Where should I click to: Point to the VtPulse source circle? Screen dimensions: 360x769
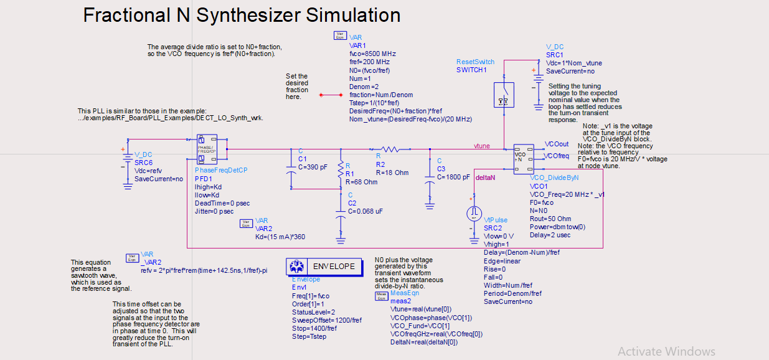coord(474,214)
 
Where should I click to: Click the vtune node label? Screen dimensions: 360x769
coord(481,146)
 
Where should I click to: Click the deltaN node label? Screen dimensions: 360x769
coord(484,178)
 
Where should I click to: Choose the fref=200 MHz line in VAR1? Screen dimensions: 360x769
coord(369,62)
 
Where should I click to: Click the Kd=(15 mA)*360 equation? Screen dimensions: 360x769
coord(280,236)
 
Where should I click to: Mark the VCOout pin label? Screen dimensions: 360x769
coord(556,143)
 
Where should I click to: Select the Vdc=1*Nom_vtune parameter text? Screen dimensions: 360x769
coord(573,63)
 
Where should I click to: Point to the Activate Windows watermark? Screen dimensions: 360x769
coord(666,352)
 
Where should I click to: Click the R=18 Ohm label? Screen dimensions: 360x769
coord(392,173)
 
